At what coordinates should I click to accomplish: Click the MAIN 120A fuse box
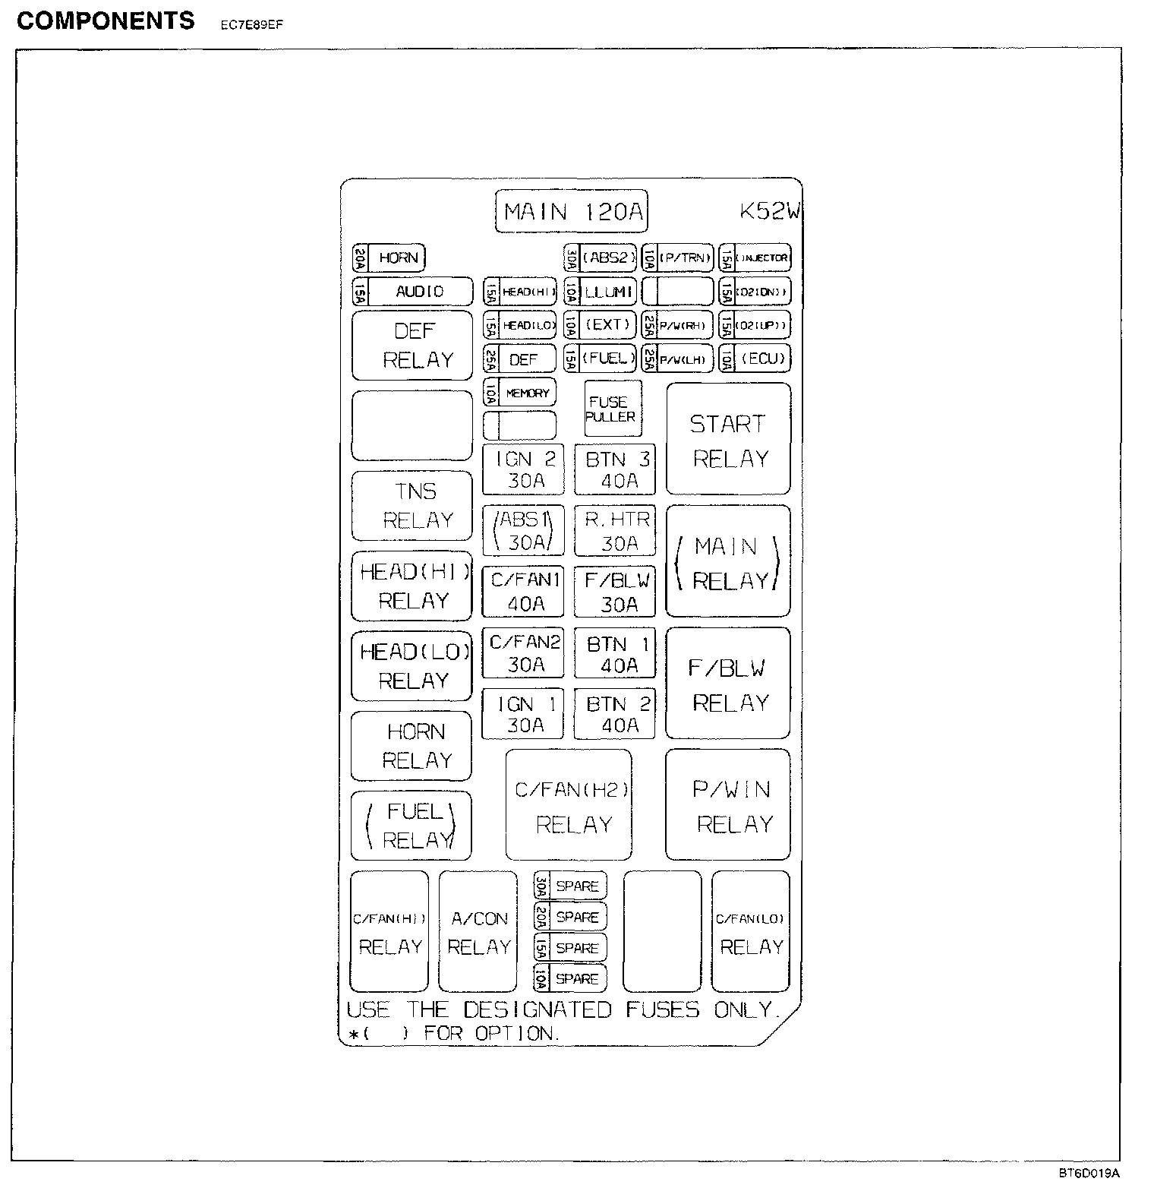(x=572, y=211)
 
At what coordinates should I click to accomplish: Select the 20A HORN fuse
(x=389, y=258)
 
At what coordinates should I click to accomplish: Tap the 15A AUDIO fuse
(x=412, y=292)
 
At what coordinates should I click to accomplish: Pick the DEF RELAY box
(x=412, y=346)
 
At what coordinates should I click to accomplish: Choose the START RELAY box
(x=729, y=440)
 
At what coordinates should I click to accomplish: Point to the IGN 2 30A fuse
(x=524, y=469)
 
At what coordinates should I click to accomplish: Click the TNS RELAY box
(x=412, y=506)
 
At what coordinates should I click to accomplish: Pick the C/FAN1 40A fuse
(x=524, y=592)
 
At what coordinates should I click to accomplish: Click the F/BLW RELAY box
(x=728, y=684)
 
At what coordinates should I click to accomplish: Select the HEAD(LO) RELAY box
(x=412, y=666)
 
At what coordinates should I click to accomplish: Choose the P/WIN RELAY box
(x=729, y=805)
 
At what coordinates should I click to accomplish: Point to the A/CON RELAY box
(x=478, y=932)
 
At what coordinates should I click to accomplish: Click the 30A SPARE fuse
(x=570, y=886)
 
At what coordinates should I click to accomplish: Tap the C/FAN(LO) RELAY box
(x=751, y=932)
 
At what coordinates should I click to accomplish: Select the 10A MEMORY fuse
(x=520, y=393)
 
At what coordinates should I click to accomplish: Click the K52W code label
(x=769, y=211)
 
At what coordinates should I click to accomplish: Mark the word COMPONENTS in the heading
(x=106, y=21)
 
